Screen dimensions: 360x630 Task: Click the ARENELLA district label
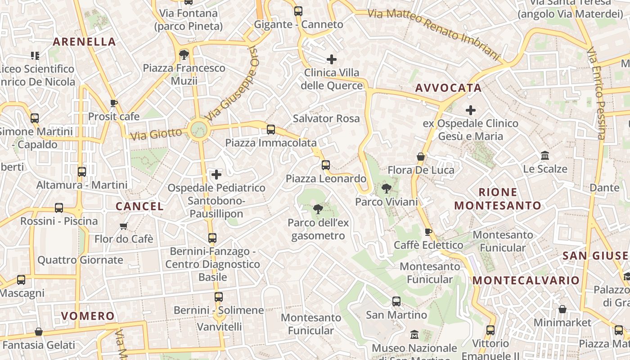85,42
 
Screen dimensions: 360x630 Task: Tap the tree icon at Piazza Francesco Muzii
184,55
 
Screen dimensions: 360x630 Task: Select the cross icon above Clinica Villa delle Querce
332,59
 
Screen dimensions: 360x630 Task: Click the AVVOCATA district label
448,88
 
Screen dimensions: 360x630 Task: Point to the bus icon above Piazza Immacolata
271,130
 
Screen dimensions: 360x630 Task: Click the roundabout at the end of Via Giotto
198,130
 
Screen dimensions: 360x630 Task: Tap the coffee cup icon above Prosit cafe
114,103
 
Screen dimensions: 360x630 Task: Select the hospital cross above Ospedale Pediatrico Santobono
216,174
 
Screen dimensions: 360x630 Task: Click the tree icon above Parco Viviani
386,189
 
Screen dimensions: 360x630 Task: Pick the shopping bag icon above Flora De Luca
421,157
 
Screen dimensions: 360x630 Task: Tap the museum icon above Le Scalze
545,156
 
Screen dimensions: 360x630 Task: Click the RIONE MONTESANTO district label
498,199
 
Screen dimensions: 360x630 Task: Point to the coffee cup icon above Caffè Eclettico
428,232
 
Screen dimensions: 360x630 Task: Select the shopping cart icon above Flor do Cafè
124,226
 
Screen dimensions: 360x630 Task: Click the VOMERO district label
88,316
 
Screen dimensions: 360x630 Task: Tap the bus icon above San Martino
396,301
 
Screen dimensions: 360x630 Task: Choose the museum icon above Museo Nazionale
414,335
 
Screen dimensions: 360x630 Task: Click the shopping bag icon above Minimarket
562,309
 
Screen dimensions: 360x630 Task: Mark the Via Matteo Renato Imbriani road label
434,34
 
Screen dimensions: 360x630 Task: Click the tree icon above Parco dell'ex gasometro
318,209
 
